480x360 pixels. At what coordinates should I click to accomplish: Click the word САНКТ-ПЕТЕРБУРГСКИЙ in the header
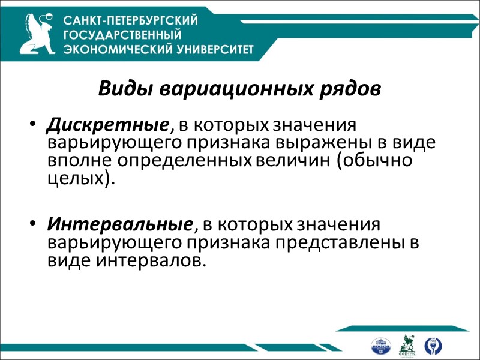click(x=131, y=21)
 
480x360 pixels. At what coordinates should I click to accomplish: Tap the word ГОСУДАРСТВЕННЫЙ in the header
click(x=123, y=35)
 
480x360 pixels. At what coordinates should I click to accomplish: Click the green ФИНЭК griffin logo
click(x=407, y=345)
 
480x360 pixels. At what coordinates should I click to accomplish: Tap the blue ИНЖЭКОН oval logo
click(x=381, y=346)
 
